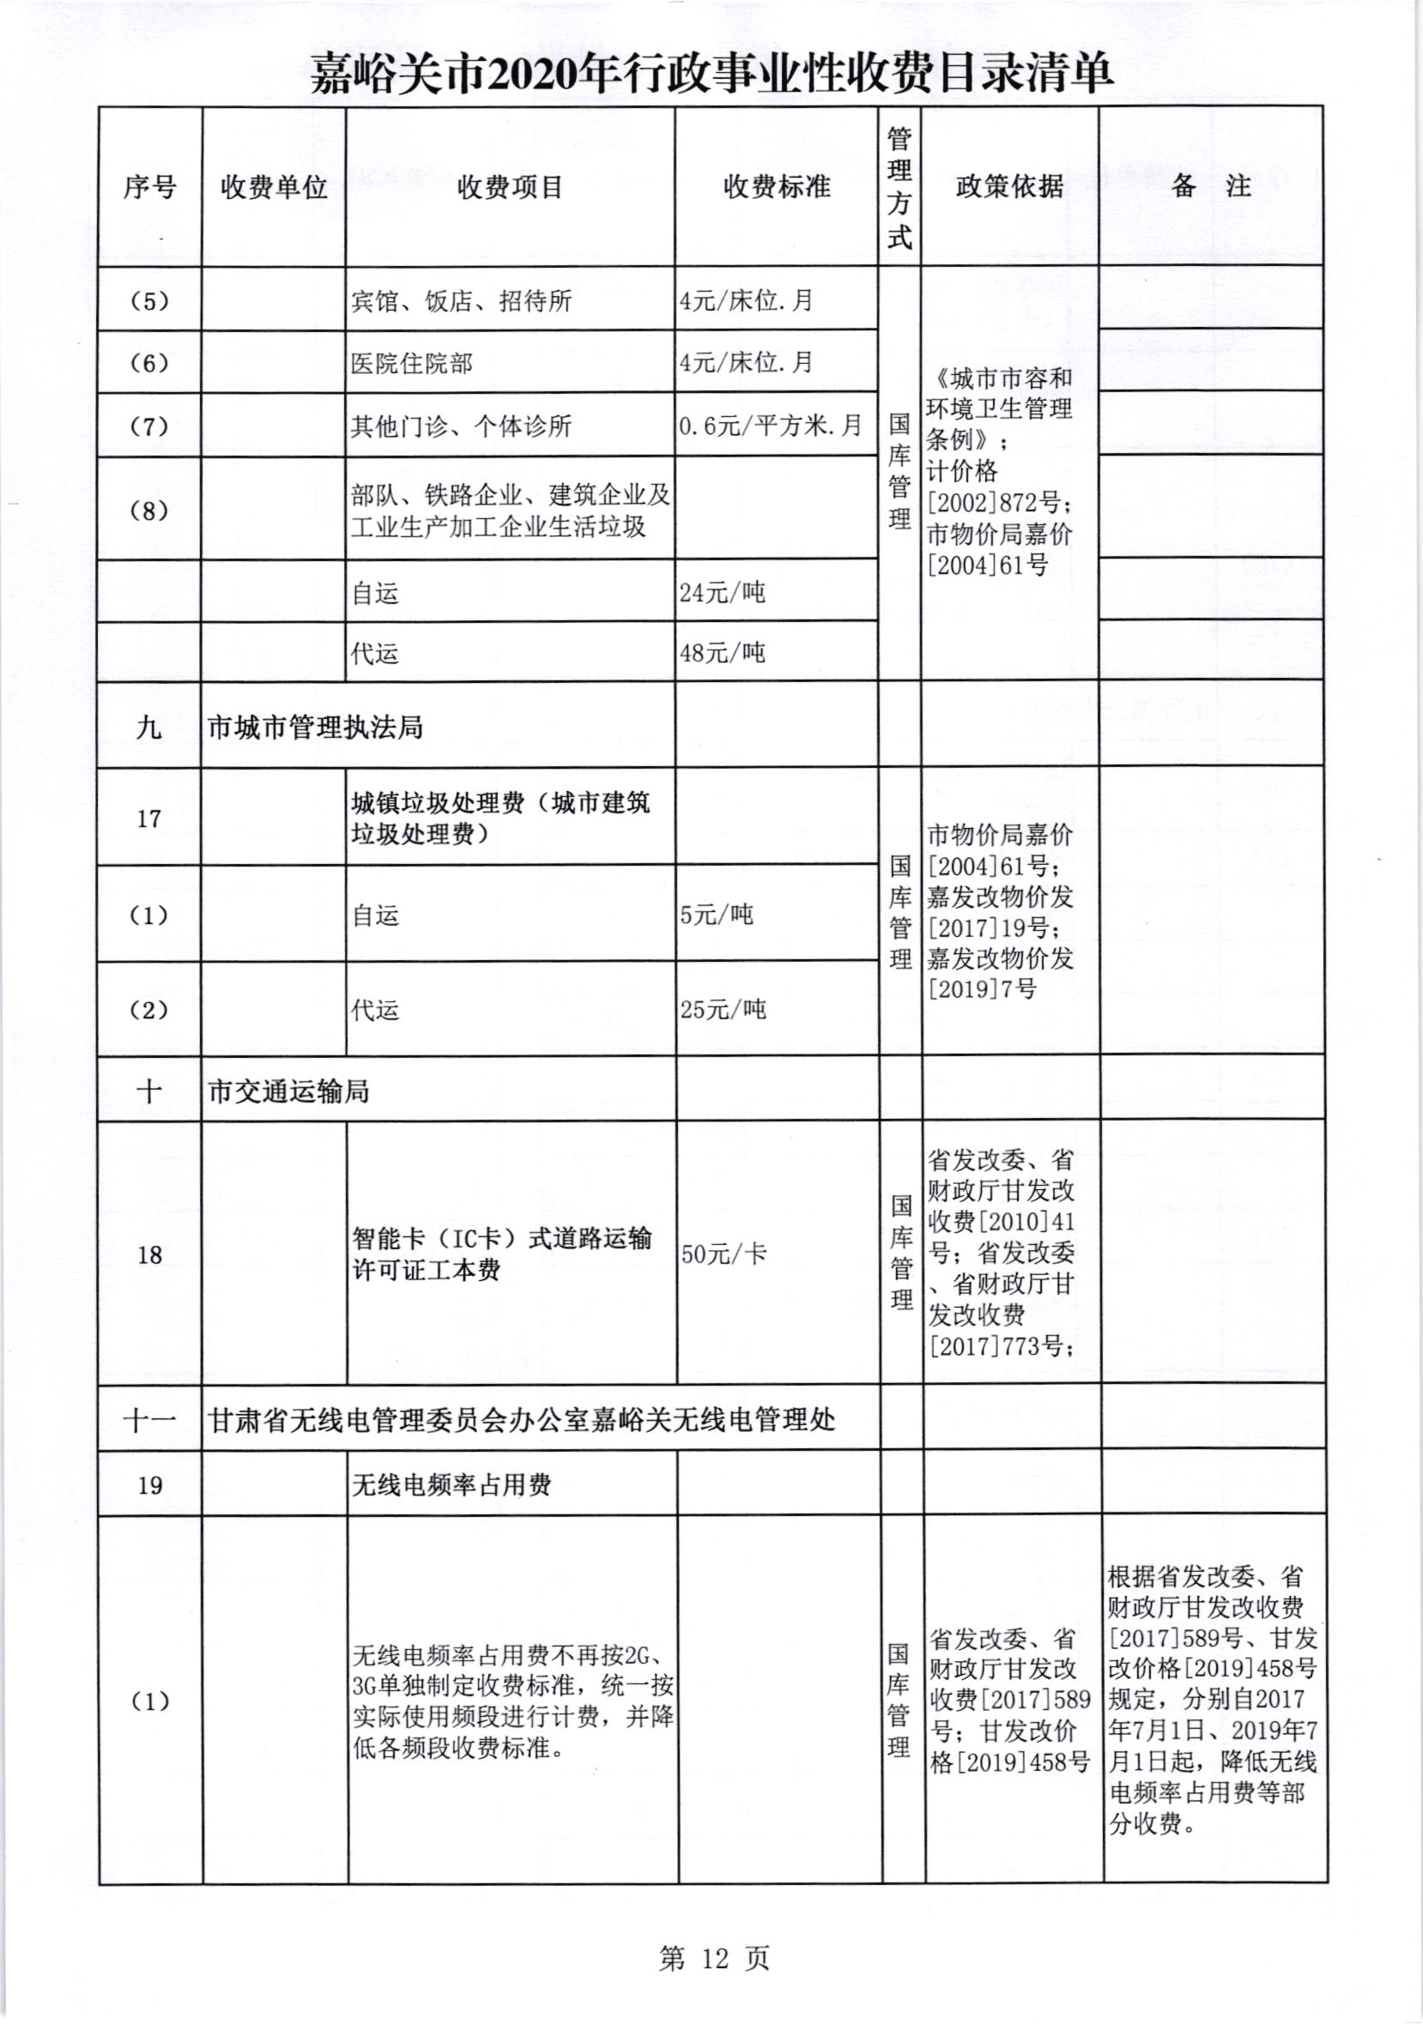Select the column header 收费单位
273,187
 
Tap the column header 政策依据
1009,187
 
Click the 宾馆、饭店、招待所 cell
461,301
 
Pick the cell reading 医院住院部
412,363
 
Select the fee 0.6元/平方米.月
771,426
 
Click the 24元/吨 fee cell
722,592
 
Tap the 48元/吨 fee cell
722,653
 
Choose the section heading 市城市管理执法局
316,728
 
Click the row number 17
149,819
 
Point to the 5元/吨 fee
716,914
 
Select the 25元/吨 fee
722,1009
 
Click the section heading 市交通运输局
288,1092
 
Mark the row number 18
150,1255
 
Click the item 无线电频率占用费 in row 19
451,1485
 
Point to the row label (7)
149,426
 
